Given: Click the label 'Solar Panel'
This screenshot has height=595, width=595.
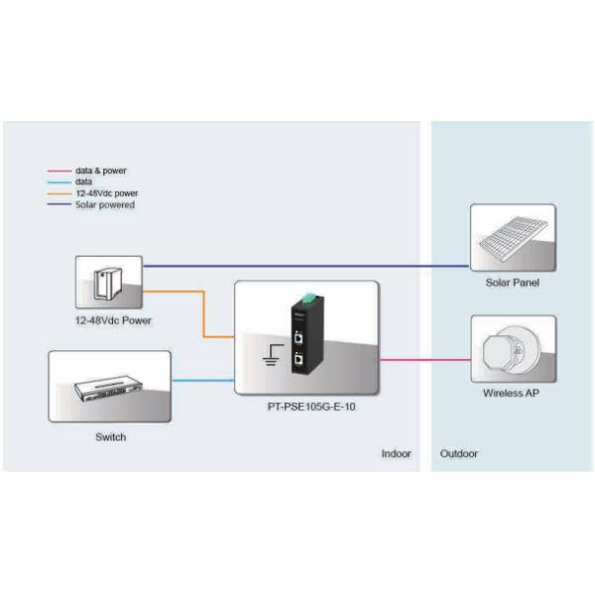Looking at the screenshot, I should [x=512, y=283].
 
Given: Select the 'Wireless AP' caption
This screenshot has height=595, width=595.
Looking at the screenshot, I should [x=512, y=393].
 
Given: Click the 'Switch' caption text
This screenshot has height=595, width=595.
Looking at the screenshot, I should [x=110, y=436].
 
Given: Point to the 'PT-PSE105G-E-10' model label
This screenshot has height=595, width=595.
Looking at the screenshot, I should [x=306, y=406].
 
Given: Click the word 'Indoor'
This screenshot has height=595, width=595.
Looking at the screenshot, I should [x=396, y=453].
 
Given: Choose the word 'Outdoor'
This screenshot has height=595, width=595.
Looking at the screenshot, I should [x=458, y=453].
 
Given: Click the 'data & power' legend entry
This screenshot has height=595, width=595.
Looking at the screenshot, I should [x=101, y=171].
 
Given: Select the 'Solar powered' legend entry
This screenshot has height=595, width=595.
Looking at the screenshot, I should [x=104, y=204].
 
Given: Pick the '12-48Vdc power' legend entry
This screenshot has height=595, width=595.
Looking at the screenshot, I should [x=106, y=193].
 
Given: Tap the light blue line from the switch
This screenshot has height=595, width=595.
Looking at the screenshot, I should [x=202, y=380].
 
